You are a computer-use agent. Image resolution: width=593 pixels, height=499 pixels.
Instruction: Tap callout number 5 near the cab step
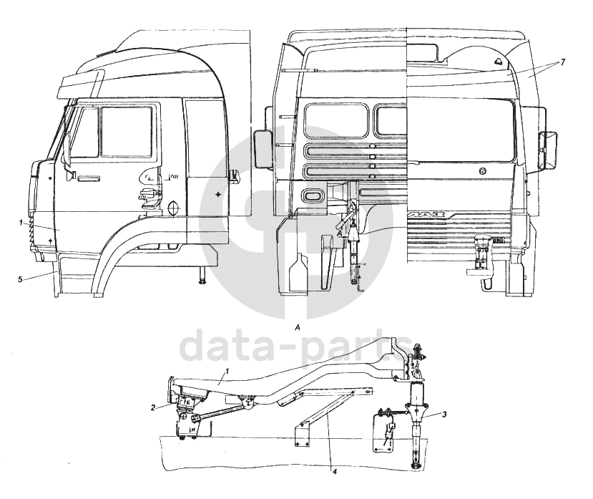(20, 278)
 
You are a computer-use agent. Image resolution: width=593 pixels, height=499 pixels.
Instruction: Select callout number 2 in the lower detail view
(153, 407)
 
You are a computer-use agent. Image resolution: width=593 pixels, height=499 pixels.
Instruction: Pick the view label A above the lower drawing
(296, 326)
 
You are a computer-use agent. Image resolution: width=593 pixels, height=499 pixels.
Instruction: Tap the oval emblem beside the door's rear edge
(172, 207)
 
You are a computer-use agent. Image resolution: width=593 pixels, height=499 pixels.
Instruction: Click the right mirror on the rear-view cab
(550, 149)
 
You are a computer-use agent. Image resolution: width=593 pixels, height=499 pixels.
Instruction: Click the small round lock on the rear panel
(484, 171)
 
